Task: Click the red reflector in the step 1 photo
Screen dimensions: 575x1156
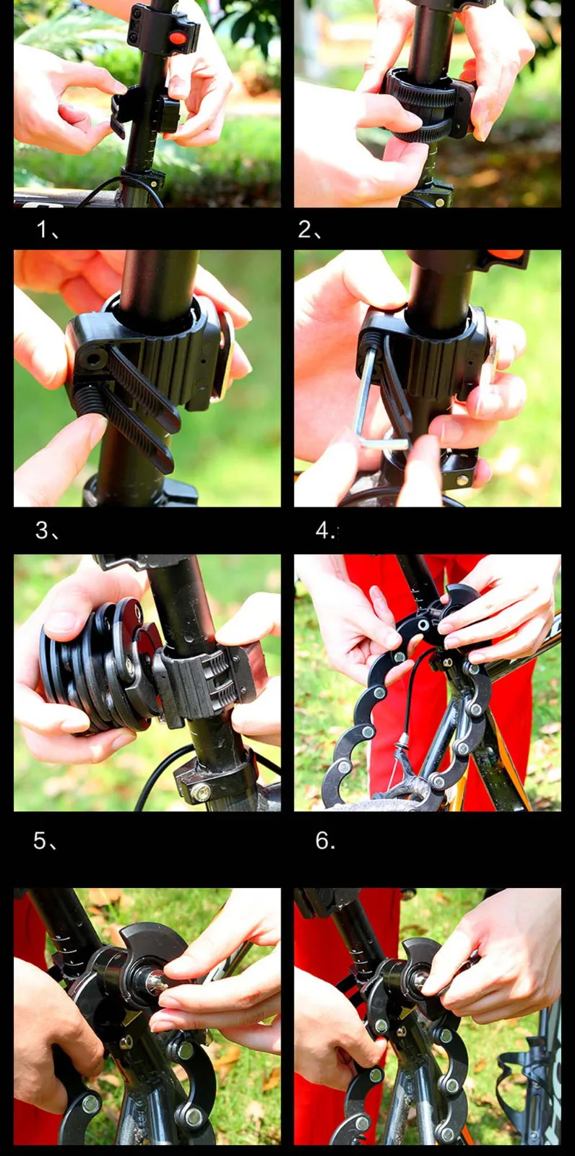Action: (x=177, y=38)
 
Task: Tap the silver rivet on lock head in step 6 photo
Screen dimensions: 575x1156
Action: (x=424, y=626)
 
